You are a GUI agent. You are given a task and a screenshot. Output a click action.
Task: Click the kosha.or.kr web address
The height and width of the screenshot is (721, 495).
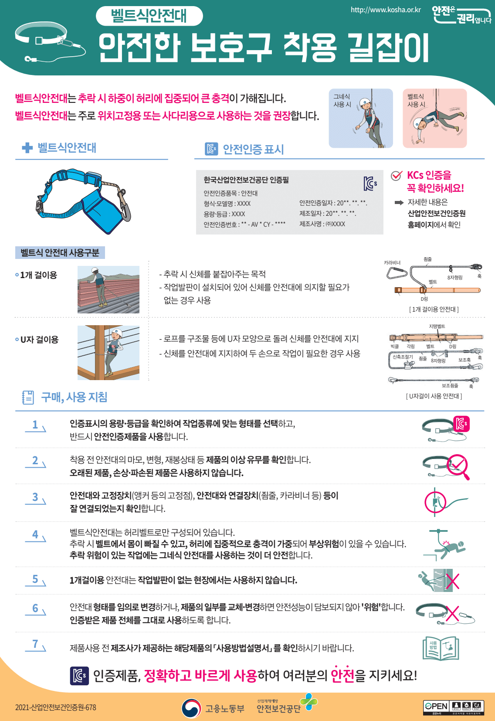[386, 10]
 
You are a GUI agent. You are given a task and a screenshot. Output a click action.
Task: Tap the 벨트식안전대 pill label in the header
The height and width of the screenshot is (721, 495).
[149, 16]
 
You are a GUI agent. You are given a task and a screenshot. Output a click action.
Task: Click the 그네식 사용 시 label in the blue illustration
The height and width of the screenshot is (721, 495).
[342, 101]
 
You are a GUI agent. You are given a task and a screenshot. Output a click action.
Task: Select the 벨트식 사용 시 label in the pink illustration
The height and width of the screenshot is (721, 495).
[416, 101]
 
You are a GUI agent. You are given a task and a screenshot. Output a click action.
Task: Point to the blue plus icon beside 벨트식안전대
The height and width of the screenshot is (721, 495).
[27, 148]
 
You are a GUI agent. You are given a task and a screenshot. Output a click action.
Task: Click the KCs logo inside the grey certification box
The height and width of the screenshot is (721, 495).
[370, 184]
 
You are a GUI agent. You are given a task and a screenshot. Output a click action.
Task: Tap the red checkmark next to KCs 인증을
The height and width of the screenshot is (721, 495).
[396, 176]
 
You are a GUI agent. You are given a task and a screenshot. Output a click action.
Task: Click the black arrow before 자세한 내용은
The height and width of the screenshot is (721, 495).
[399, 203]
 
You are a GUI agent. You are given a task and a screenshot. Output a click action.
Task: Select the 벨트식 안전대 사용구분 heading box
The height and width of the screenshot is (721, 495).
[60, 253]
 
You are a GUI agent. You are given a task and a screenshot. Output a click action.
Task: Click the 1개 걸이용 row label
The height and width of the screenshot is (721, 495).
[38, 275]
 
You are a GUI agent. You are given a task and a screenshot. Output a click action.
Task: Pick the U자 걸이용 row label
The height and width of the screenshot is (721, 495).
[39, 340]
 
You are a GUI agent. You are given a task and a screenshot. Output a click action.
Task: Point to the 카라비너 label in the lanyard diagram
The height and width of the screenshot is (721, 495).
[392, 263]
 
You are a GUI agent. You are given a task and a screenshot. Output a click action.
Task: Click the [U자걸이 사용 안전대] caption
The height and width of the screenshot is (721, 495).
[434, 396]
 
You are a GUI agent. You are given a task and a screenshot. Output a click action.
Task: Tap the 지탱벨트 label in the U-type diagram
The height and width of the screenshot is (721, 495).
[437, 326]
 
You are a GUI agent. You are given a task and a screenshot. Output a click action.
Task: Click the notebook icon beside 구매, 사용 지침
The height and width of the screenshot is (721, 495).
[28, 397]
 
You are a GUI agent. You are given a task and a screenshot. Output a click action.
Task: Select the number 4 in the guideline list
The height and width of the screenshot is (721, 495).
[35, 534]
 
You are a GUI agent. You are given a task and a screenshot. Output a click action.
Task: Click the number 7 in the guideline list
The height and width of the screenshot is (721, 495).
[35, 644]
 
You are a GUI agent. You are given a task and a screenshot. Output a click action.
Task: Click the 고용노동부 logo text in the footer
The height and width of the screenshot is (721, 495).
[225, 708]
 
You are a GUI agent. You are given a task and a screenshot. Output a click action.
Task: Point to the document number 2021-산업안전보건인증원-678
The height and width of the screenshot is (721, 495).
[56, 707]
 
